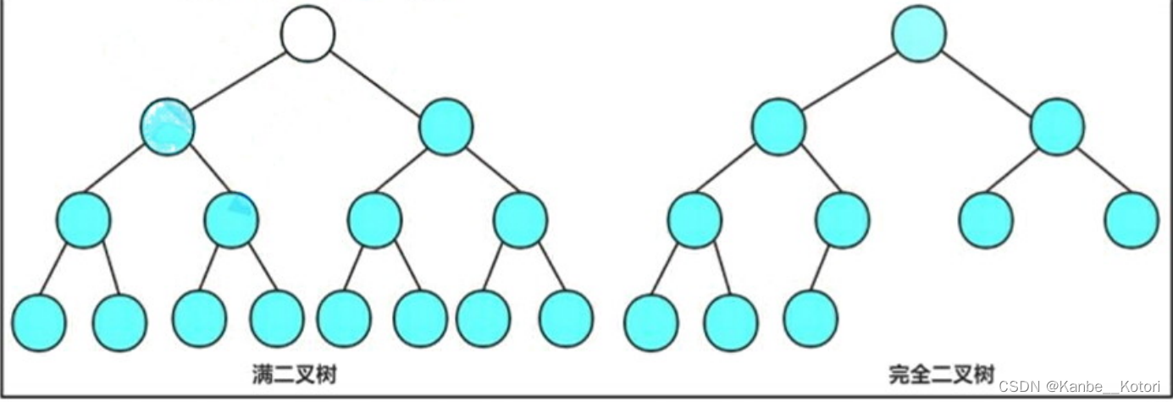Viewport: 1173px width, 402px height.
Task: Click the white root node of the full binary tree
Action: pyautogui.click(x=308, y=34)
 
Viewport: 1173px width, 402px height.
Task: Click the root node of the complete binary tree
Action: pyautogui.click(x=918, y=34)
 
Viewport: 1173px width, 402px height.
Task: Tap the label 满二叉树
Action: pyautogui.click(x=295, y=373)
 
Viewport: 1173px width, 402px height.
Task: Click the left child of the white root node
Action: pyautogui.click(x=168, y=127)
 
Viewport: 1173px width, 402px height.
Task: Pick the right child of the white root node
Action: pyautogui.click(x=445, y=127)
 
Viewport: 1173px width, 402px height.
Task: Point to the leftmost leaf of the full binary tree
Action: pyautogui.click(x=39, y=322)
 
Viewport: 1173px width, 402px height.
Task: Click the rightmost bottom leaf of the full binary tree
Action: pyautogui.click(x=566, y=318)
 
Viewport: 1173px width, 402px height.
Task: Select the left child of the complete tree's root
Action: pyautogui.click(x=777, y=127)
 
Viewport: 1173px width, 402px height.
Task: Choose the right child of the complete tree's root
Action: pyautogui.click(x=1056, y=127)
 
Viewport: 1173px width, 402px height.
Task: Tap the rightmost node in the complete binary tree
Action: pyautogui.click(x=1132, y=219)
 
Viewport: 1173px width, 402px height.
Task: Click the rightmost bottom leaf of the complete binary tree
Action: pyautogui.click(x=811, y=318)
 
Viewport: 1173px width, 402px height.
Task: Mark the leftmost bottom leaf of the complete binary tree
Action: pyautogui.click(x=651, y=322)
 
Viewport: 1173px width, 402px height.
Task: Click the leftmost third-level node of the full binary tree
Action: pyautogui.click(x=83, y=219)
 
